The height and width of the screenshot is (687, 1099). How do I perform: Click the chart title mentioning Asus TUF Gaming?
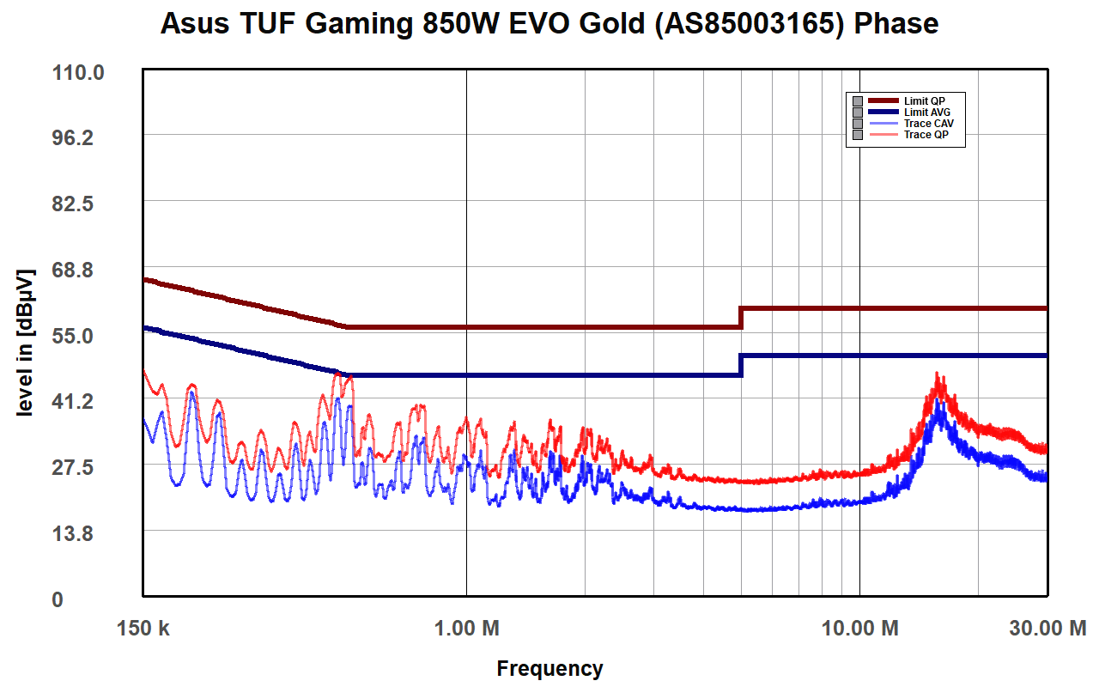click(549, 24)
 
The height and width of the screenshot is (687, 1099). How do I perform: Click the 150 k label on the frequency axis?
click(143, 629)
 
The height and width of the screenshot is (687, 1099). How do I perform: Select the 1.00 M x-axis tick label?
click(466, 629)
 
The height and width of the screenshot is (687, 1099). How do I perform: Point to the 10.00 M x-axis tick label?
click(859, 629)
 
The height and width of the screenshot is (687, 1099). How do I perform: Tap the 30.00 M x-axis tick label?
click(1047, 629)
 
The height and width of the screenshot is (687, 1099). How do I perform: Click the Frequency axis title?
click(549, 668)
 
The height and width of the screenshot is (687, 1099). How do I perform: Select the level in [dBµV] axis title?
click(26, 343)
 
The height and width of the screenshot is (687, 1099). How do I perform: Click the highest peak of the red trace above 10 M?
click(938, 374)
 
